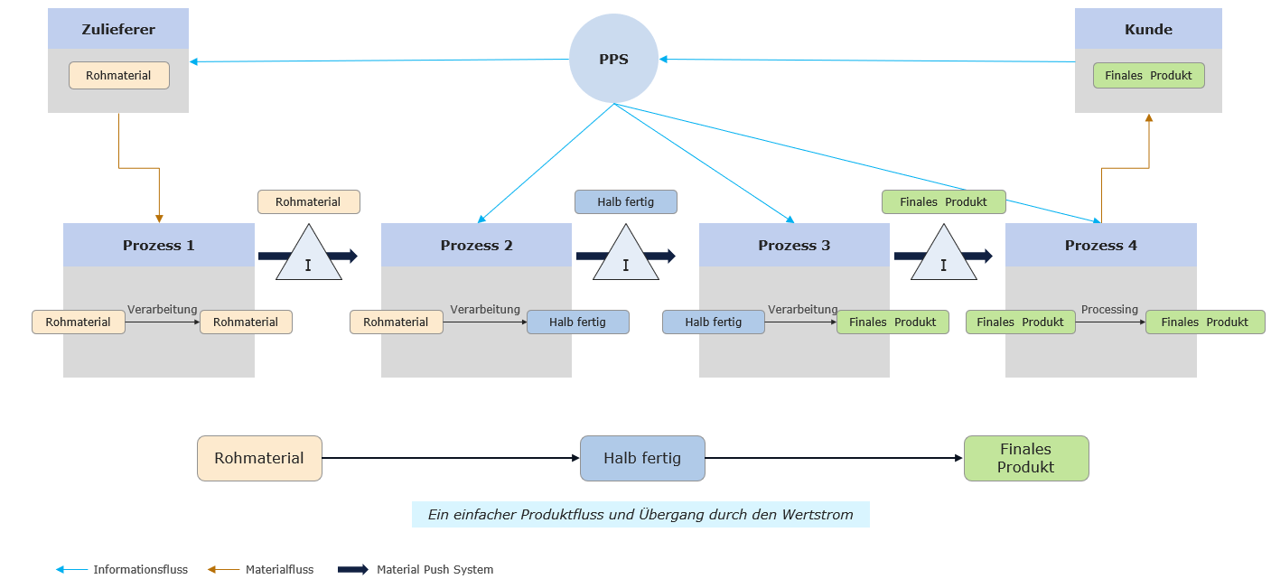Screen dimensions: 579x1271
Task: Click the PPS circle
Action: click(x=613, y=59)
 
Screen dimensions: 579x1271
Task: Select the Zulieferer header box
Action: click(x=118, y=29)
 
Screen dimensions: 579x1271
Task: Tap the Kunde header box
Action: click(x=1148, y=29)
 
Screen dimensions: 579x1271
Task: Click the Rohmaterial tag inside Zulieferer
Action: click(x=118, y=75)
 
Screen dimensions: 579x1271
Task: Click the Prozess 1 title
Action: click(x=159, y=245)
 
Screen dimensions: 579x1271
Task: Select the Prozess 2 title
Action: click(x=476, y=245)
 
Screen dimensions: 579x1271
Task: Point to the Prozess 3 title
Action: click(x=794, y=245)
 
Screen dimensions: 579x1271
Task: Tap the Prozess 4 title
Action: click(x=1100, y=245)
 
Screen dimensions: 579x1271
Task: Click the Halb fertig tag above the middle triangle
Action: click(x=626, y=201)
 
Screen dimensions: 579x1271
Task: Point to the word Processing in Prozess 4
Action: click(x=1109, y=310)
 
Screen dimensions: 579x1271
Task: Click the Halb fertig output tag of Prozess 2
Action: click(x=577, y=322)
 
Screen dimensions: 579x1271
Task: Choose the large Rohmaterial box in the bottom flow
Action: click(x=259, y=458)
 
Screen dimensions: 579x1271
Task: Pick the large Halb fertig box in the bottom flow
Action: click(x=641, y=458)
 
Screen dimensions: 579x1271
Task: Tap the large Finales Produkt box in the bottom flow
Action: click(x=1025, y=458)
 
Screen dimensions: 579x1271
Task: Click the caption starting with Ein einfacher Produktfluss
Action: click(x=640, y=515)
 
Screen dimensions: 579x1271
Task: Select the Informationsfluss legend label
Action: click(x=140, y=569)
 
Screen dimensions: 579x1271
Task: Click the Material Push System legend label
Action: click(x=435, y=569)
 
